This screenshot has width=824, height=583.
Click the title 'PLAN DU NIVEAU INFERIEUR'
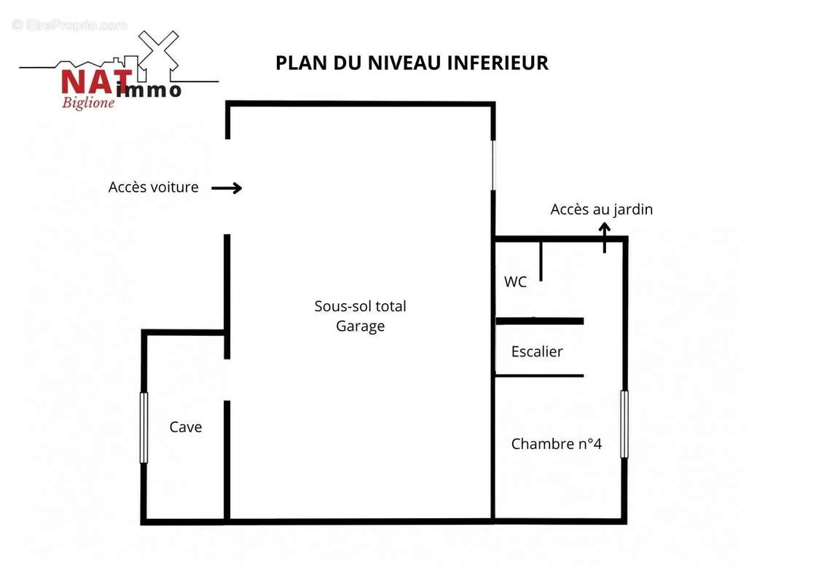click(412, 63)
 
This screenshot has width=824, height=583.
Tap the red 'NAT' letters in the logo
click(97, 82)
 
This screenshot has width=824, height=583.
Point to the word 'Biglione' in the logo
click(88, 102)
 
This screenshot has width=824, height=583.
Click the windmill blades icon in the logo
click(158, 52)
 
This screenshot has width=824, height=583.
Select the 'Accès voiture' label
click(154, 187)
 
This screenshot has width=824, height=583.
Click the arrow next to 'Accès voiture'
click(227, 188)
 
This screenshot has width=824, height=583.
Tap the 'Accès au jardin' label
click(602, 209)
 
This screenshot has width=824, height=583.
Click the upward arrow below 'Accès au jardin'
click(605, 238)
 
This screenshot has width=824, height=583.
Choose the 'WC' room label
click(515, 282)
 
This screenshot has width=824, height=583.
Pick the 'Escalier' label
click(536, 352)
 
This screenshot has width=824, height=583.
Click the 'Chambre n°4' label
click(557, 444)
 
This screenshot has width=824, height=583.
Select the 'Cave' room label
click(186, 427)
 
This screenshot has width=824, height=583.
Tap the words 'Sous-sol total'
click(361, 306)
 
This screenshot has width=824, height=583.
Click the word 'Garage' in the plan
click(361, 326)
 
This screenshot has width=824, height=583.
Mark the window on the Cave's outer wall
click(144, 427)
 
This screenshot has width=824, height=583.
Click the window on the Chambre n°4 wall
click(624, 423)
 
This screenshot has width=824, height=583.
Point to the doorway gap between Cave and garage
click(227, 380)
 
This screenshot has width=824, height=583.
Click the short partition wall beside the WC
click(541, 261)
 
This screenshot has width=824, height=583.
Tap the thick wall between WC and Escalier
click(540, 321)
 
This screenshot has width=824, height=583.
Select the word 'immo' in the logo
click(149, 90)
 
